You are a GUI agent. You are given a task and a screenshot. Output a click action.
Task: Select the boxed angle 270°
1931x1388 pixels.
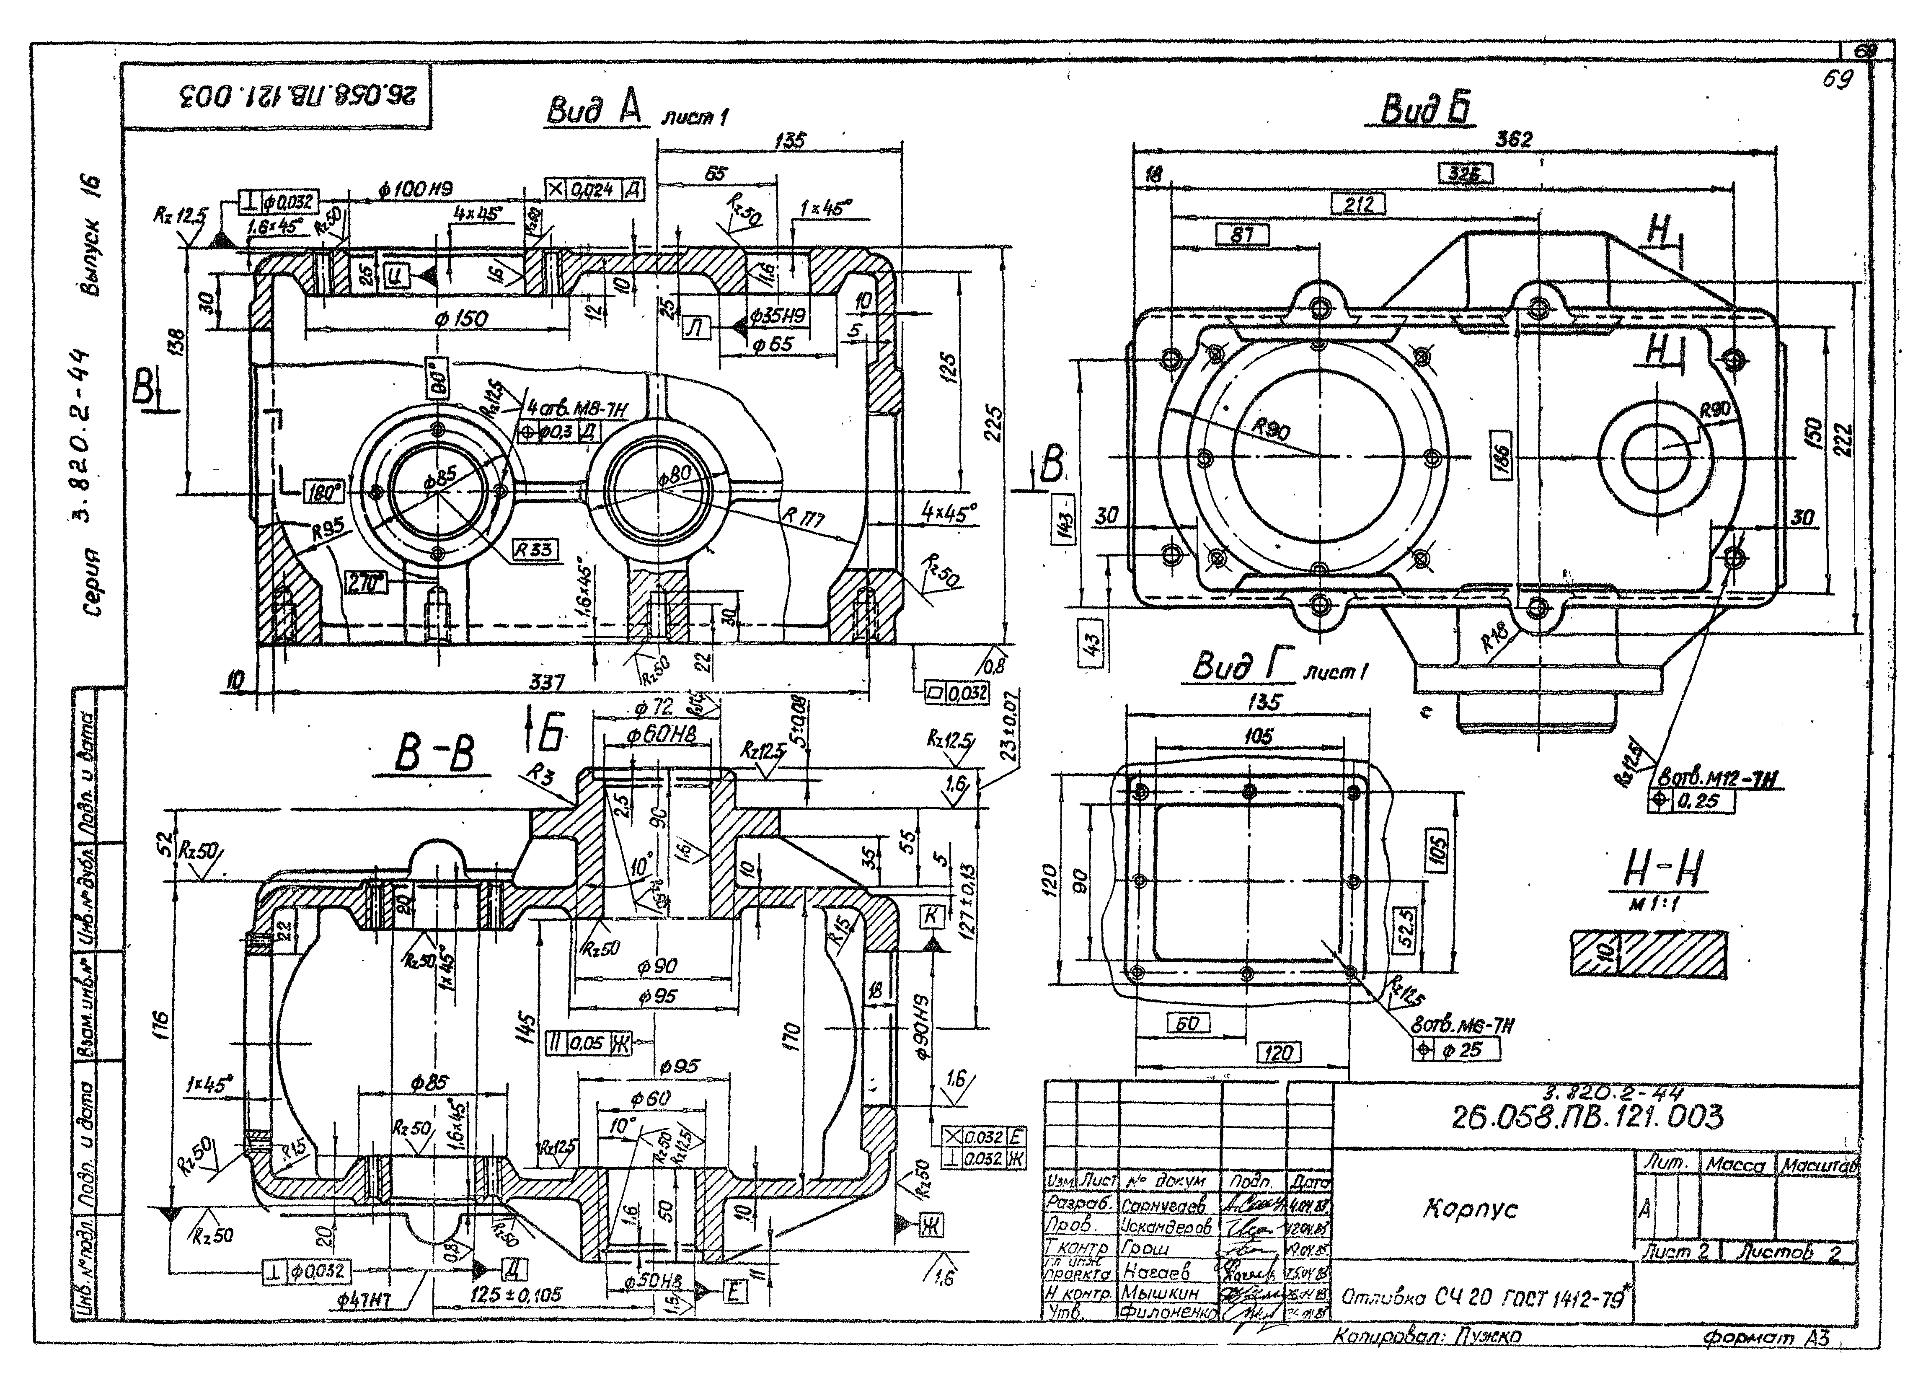[x=366, y=583]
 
